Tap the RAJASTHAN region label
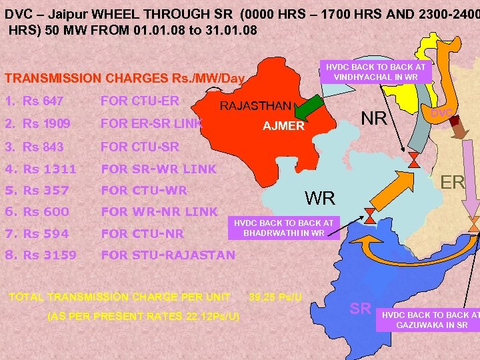(255, 106)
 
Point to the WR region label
(320, 198)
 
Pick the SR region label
(361, 308)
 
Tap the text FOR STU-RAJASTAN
(167, 255)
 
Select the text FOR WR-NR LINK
(159, 212)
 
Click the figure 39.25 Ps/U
(275, 296)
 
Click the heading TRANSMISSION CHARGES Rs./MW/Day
(125, 78)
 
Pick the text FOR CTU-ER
(139, 101)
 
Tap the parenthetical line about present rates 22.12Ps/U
(143, 315)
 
